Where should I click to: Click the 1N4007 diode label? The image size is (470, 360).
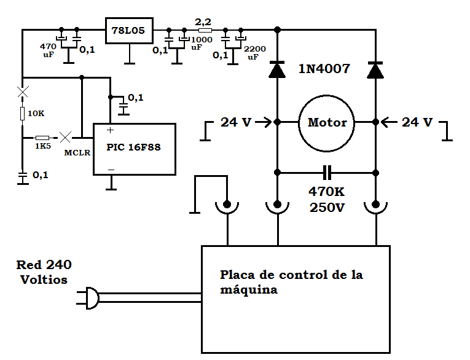point(324,69)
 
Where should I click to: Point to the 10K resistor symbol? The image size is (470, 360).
point(23,114)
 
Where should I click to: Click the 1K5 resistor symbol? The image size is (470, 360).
point(42,138)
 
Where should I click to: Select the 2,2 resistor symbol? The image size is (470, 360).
point(205,30)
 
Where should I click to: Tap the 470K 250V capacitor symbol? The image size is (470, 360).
point(327,173)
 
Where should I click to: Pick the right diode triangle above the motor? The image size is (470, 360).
point(375,70)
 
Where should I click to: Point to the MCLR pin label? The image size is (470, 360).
point(77,152)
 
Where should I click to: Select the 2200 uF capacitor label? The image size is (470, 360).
point(254,53)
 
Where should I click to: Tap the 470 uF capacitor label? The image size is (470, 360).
point(48,50)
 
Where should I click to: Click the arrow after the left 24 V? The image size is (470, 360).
point(264,122)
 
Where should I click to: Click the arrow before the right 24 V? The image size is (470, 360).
point(389,122)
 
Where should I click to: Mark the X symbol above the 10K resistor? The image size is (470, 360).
point(23,92)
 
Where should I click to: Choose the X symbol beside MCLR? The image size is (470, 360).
point(65,137)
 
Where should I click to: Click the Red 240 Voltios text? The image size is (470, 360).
point(44,272)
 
